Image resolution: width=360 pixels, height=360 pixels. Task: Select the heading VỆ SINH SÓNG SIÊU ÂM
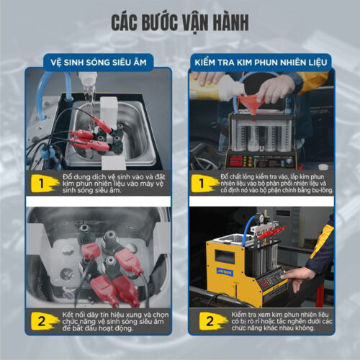pos(99,62)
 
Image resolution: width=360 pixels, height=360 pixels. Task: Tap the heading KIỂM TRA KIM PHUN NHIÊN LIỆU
pos(261,62)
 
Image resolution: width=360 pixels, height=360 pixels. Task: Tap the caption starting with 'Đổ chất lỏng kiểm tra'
pos(270,184)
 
